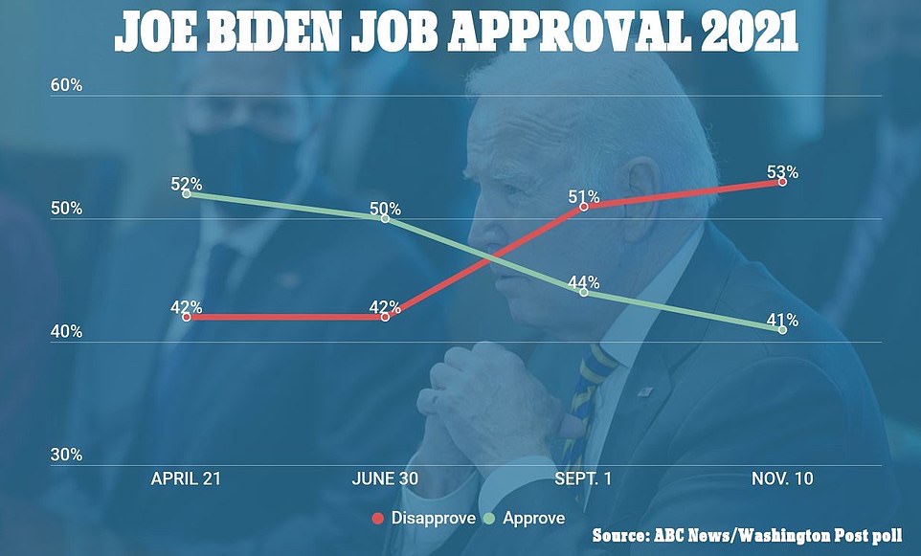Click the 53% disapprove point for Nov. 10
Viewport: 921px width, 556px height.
782,181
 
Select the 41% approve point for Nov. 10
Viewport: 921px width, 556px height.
782,329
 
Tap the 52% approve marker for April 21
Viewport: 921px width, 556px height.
186,194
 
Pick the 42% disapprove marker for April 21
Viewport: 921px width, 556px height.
186,317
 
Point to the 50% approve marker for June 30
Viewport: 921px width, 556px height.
385,218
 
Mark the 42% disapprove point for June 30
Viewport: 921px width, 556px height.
385,317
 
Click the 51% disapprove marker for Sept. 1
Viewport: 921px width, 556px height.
583,207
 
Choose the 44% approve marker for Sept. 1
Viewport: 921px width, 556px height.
583,292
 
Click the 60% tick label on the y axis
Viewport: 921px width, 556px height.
66,85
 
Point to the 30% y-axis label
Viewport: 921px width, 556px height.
66,456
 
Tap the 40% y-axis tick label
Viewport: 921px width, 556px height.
66,332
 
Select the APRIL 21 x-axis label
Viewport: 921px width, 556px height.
186,478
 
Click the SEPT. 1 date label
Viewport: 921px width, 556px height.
583,478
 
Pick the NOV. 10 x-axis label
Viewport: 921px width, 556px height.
782,478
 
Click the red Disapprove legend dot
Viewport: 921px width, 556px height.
376,519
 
